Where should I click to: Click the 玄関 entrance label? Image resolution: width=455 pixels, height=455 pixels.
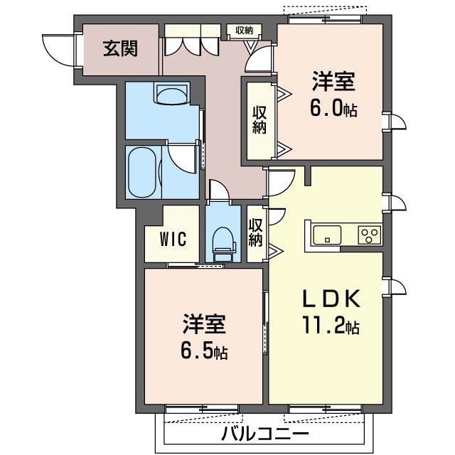(120, 49)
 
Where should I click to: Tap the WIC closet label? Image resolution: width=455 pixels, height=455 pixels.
(173, 240)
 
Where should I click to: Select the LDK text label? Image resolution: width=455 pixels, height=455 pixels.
(332, 299)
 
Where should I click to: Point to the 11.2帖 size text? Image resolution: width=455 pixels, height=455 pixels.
(331, 325)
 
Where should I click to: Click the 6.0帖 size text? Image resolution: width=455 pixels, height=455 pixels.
(333, 108)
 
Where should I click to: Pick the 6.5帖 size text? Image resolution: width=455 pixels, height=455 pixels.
(204, 350)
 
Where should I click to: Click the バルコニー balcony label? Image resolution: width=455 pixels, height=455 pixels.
(265, 434)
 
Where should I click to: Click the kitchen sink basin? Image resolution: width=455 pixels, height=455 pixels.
(327, 235)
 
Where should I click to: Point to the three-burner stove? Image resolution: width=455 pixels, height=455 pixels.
(370, 235)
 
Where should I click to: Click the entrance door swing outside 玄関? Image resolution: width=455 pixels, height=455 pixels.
(59, 50)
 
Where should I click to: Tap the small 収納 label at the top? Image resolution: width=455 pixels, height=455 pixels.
(245, 30)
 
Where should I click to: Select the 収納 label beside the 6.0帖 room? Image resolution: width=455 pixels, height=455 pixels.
(259, 120)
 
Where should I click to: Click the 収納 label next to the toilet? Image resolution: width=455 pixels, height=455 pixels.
(255, 232)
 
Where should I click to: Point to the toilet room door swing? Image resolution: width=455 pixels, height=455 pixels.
(219, 191)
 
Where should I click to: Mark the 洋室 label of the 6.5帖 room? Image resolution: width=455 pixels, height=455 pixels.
(204, 323)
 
